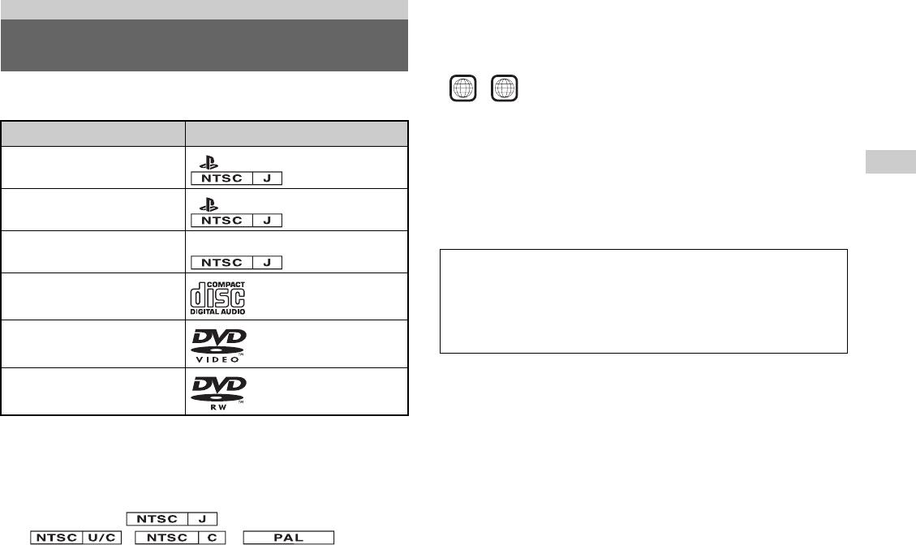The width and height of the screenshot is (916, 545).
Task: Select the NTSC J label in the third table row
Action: tap(237, 261)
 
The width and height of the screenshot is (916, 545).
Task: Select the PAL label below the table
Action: tap(289, 538)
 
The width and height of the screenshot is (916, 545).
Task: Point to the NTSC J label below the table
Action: tap(170, 518)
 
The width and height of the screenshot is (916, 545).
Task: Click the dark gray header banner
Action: tap(204, 45)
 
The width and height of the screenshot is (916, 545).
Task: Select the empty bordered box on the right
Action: tap(643, 301)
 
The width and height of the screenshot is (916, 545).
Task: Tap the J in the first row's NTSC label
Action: tap(266, 177)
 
